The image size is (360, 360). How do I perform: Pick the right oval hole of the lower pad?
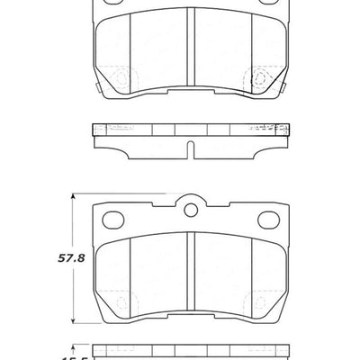click(267, 219)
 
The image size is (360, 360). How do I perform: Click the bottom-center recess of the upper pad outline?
click(190, 93)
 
